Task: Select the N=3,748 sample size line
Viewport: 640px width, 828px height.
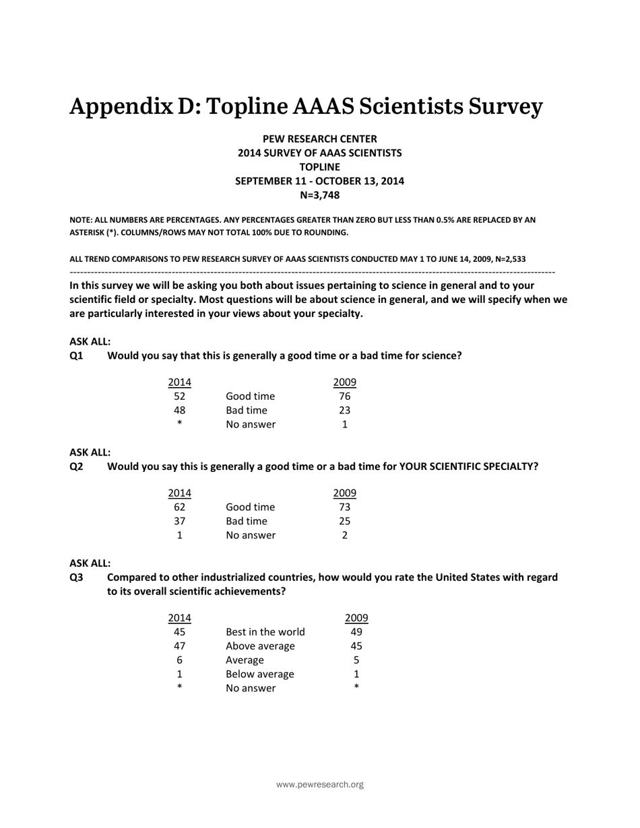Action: click(x=319, y=195)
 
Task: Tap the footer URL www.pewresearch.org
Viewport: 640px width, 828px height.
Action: click(x=320, y=784)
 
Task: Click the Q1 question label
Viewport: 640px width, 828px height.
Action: click(x=76, y=355)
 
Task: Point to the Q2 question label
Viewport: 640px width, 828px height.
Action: click(x=76, y=466)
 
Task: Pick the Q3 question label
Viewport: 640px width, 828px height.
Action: click(x=76, y=577)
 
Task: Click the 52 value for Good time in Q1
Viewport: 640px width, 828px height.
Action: click(x=179, y=396)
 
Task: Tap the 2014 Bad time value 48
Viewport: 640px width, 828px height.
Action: click(x=179, y=410)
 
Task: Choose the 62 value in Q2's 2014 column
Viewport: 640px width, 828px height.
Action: click(x=179, y=507)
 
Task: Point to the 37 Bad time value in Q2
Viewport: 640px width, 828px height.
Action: click(x=179, y=521)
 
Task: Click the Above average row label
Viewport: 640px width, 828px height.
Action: click(x=260, y=646)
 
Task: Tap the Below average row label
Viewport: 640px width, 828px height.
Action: click(x=259, y=674)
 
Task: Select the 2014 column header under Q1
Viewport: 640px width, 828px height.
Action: click(x=179, y=382)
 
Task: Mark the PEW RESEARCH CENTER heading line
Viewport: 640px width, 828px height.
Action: click(x=319, y=139)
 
